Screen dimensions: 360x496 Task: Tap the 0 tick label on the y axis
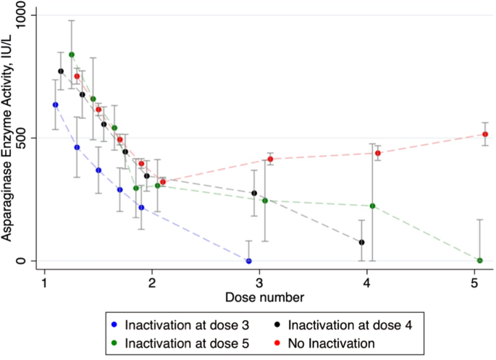coord(28,261)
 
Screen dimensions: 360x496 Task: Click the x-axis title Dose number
coord(259,296)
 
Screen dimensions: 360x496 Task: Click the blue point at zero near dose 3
coord(248,261)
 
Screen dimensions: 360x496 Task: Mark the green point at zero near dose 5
coord(480,260)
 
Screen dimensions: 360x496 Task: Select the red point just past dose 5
coord(485,134)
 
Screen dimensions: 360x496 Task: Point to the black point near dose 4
coord(361,242)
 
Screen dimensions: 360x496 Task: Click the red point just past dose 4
coord(378,153)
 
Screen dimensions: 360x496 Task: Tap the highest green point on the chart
coord(71,54)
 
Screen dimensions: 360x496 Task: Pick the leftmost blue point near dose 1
coord(55,104)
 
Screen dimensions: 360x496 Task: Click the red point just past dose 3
coord(270,159)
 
